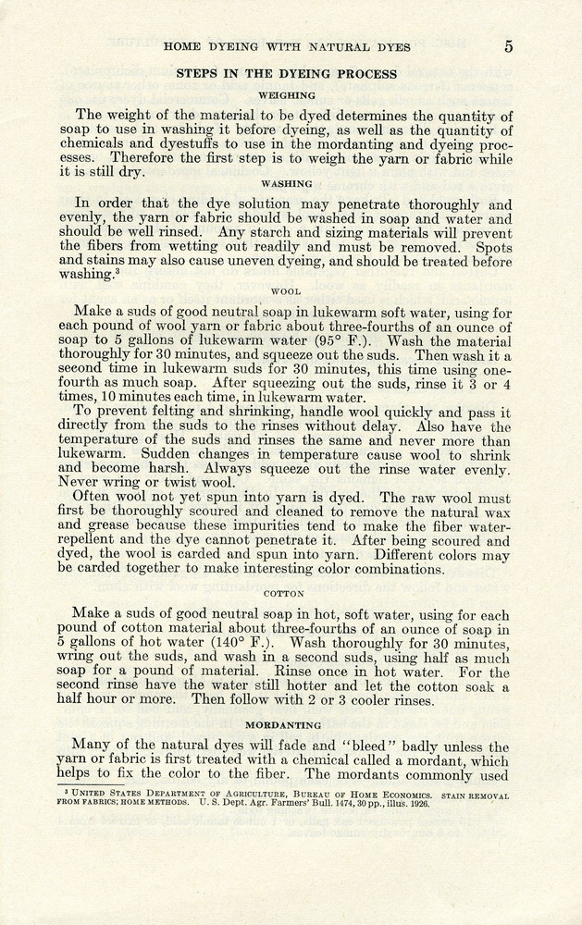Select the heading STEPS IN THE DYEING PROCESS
[x=287, y=74]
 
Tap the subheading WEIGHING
[x=287, y=95]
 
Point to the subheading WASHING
[x=287, y=184]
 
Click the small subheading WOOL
[x=287, y=291]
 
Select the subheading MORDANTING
[x=284, y=725]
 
